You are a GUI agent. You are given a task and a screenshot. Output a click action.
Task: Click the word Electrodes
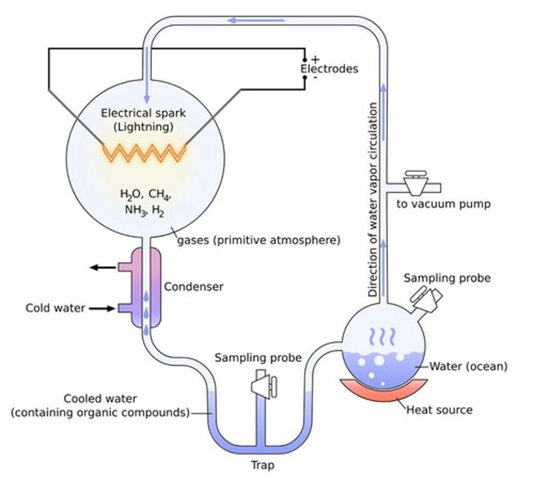(329, 69)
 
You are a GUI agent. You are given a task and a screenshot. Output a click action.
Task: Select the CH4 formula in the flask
(159, 194)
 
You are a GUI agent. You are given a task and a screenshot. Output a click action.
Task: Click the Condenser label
(193, 286)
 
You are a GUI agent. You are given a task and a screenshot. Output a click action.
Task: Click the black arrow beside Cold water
(102, 308)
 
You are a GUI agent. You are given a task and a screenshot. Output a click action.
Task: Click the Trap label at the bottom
(263, 465)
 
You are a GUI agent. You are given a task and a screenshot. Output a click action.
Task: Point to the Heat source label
(439, 410)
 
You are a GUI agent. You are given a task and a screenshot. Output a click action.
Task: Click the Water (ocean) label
(468, 366)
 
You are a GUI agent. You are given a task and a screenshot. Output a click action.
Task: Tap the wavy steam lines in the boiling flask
(381, 337)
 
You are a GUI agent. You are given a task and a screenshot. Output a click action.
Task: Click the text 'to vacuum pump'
(443, 204)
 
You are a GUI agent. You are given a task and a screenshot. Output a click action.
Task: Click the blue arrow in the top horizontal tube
(257, 20)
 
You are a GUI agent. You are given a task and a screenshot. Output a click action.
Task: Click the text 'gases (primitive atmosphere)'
(259, 240)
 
